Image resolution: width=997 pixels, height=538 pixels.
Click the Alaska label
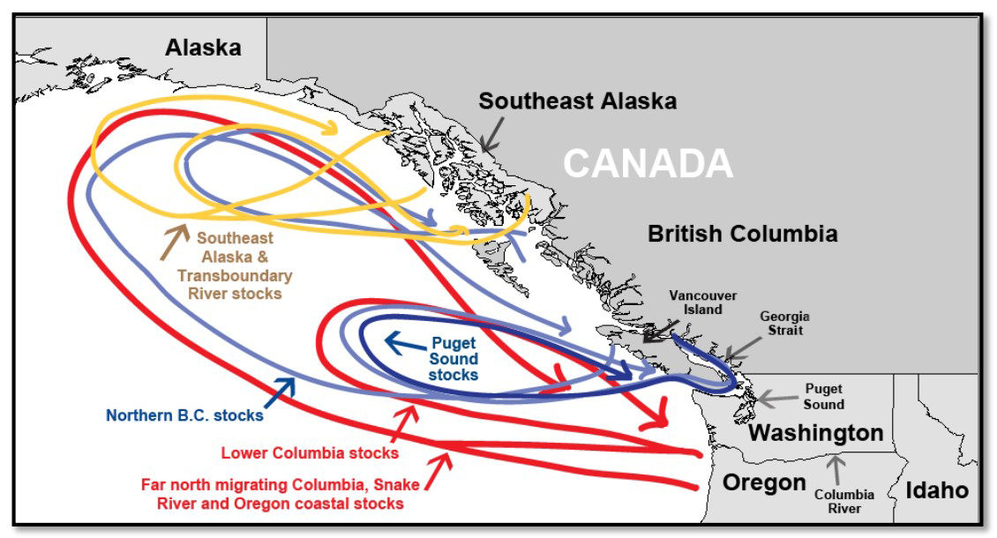[x=203, y=48]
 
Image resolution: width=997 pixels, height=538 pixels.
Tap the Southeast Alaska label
[x=577, y=101]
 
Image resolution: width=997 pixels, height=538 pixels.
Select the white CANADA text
[x=648, y=163]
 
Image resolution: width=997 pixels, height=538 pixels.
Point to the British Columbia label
[x=742, y=235]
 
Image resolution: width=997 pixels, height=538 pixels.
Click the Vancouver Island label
[x=702, y=303]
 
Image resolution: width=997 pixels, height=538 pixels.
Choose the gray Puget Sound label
[x=823, y=396]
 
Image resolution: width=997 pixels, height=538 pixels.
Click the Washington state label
[x=815, y=434]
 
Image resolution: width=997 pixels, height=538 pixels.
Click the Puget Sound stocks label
[x=454, y=359]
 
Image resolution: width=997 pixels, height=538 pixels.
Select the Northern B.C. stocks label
[x=184, y=415]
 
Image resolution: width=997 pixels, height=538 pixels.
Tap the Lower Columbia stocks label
[x=310, y=453]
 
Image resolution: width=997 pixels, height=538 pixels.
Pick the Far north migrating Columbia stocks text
[x=280, y=494]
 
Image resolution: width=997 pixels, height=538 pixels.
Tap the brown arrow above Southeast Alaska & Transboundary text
[x=174, y=241]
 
